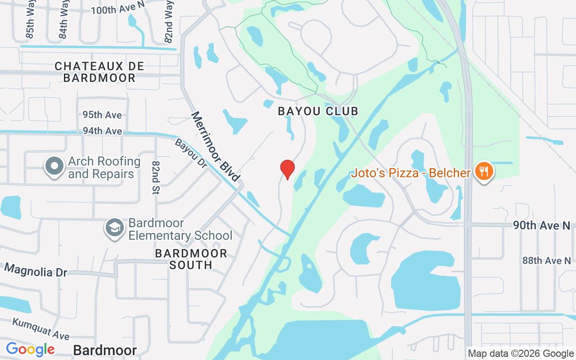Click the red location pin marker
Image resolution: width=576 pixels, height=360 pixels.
[x=287, y=169]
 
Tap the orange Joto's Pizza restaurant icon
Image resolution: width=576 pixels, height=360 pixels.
[x=484, y=172]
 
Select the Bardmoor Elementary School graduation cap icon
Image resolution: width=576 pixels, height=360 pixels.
[x=115, y=229]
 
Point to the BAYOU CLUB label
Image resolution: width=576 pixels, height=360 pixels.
[x=318, y=111]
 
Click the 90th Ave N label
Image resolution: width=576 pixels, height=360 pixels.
[x=542, y=225]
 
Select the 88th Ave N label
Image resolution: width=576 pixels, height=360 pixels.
[x=546, y=261]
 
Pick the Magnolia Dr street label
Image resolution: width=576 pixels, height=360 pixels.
[x=36, y=270]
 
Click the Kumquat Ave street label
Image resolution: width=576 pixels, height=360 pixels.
[x=41, y=329]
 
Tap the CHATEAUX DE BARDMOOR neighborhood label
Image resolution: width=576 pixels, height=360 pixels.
[x=99, y=72]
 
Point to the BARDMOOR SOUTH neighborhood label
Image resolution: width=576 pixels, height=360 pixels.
[x=191, y=259]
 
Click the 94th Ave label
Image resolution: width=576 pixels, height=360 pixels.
[x=102, y=131]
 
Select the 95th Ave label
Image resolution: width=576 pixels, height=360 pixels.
[x=102, y=115]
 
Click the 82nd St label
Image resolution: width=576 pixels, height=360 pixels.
[x=156, y=178]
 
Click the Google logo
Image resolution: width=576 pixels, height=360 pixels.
[x=30, y=349]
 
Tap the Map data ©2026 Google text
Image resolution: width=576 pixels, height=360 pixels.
[x=521, y=354]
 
